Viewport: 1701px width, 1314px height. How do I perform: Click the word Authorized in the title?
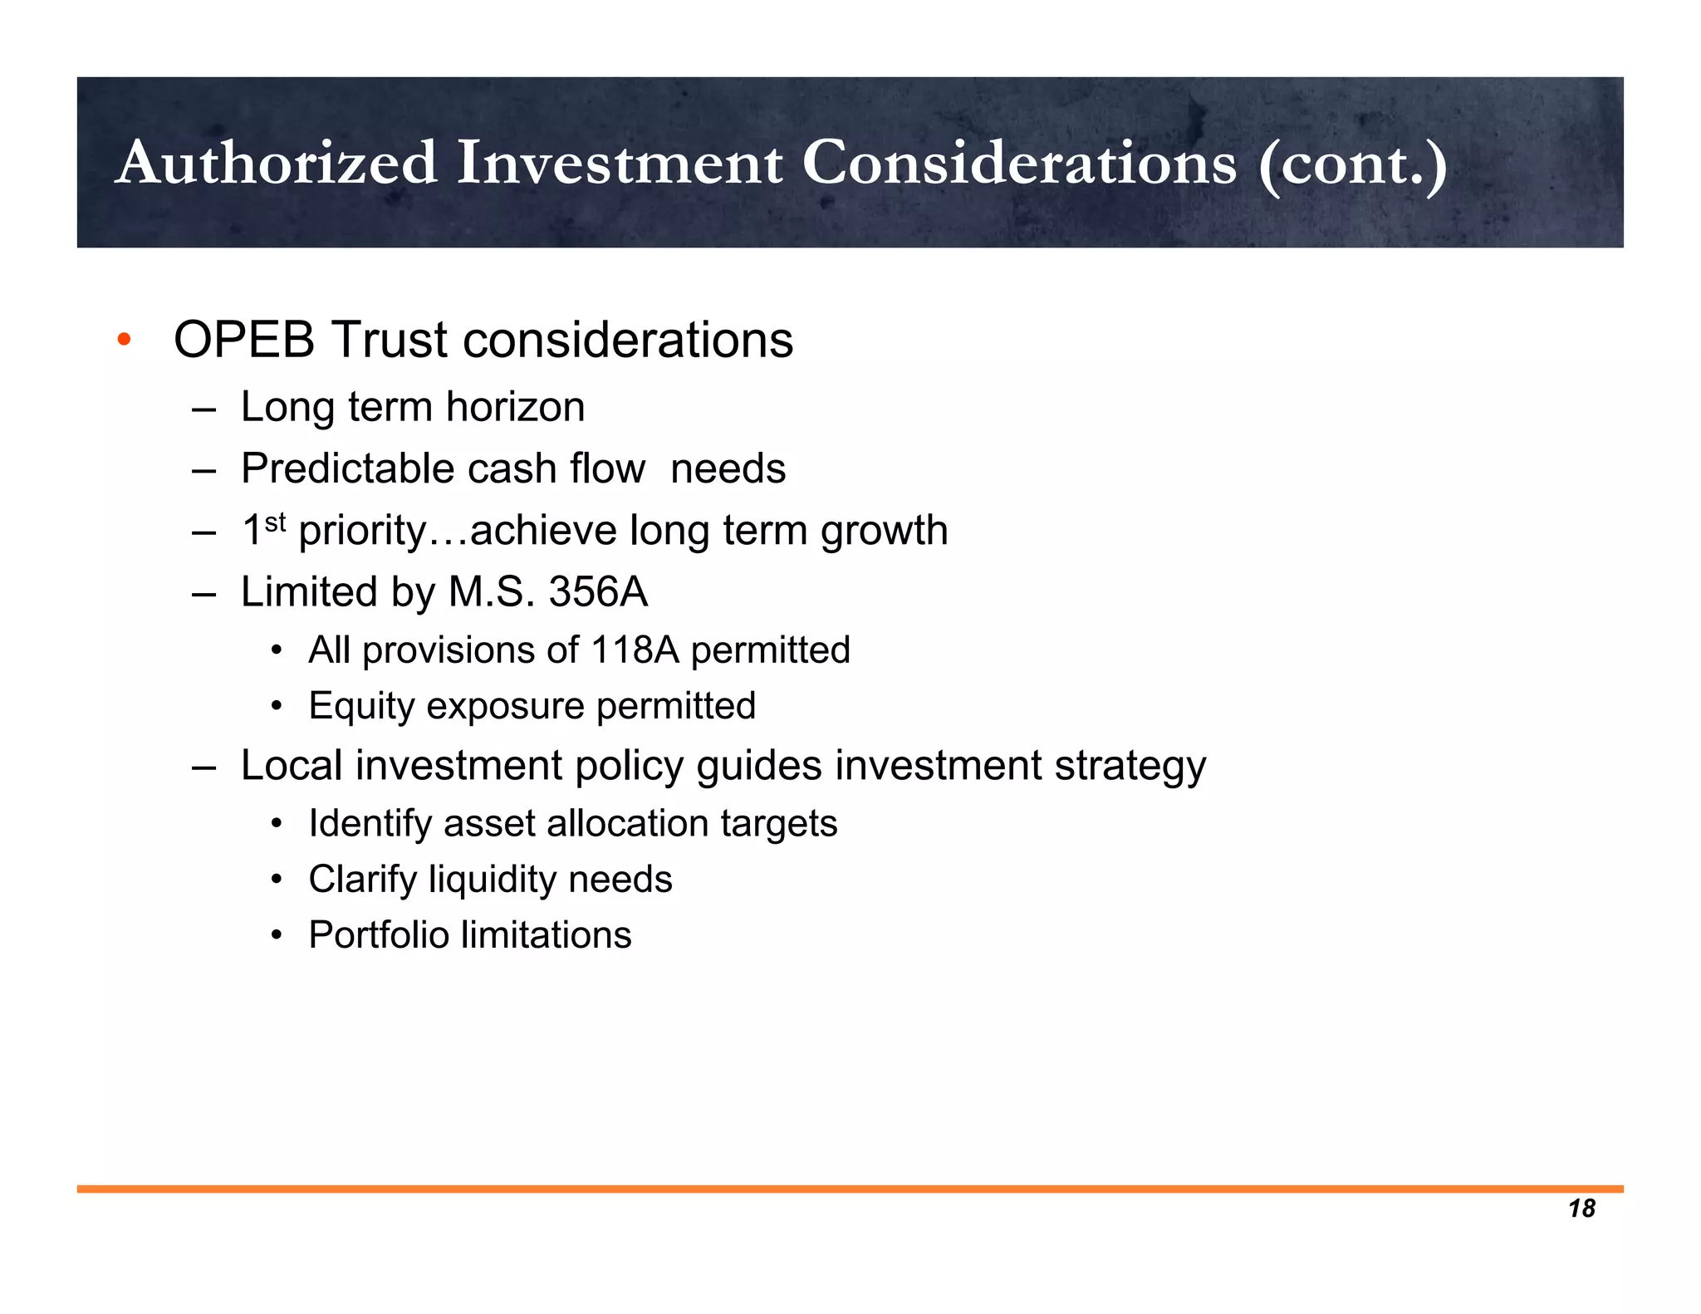click(276, 163)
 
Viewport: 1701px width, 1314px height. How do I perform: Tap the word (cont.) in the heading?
click(1352, 164)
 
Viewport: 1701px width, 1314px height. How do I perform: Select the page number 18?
click(1581, 1209)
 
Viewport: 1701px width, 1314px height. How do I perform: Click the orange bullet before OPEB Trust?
click(124, 340)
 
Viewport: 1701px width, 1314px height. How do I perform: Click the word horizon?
click(515, 407)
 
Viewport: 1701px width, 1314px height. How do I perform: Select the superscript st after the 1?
click(275, 522)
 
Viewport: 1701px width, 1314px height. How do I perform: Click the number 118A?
click(635, 650)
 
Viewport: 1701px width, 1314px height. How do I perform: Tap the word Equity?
click(361, 707)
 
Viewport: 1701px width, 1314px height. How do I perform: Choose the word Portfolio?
click(378, 935)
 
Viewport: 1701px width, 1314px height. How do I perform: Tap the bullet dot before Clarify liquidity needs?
click(277, 880)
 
